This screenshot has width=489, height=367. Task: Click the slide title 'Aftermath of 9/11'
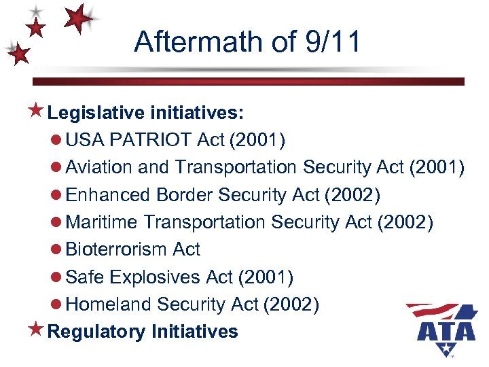pyautogui.click(x=247, y=41)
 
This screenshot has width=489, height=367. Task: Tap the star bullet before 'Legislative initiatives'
pyautogui.click(x=37, y=111)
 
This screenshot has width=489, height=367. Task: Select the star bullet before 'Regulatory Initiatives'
pyautogui.click(x=37, y=331)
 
